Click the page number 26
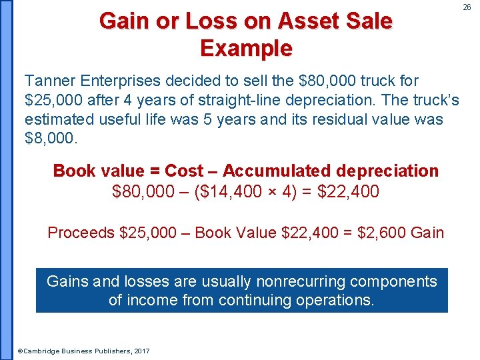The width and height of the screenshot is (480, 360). point(467,7)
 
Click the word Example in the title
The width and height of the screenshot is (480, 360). point(245,49)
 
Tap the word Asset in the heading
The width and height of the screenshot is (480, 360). point(303,21)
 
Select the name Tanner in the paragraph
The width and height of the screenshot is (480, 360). point(51,81)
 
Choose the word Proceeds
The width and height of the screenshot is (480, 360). point(81,233)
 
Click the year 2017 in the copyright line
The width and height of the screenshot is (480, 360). point(141,351)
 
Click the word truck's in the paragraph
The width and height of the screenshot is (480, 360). point(433,101)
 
